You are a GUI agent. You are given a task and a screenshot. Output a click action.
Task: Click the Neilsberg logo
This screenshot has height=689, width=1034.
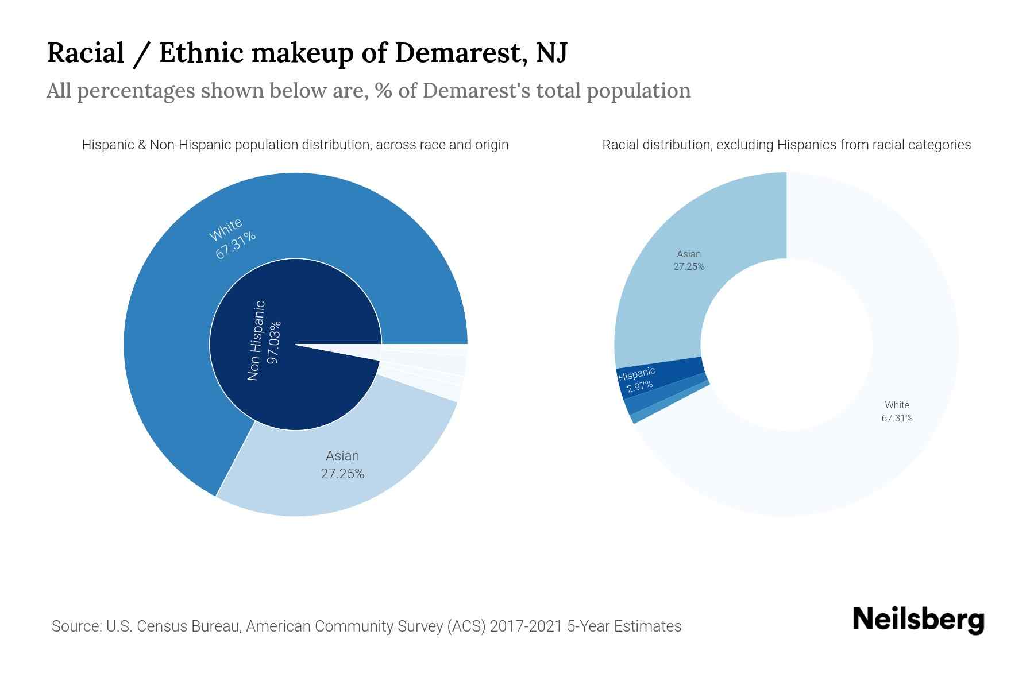[x=918, y=620]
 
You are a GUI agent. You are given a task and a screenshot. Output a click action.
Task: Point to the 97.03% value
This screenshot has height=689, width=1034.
[x=274, y=342]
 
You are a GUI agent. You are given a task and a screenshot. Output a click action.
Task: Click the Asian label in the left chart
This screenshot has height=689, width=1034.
[x=342, y=456]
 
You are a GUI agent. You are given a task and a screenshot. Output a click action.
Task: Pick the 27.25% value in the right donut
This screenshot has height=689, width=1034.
[x=689, y=266]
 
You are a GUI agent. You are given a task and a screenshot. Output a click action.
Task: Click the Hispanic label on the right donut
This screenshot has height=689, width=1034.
[x=636, y=375]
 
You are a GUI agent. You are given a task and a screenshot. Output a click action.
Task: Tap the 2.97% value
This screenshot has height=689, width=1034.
[x=639, y=386]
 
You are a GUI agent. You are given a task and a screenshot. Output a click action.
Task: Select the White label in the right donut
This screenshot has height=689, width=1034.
[x=897, y=405]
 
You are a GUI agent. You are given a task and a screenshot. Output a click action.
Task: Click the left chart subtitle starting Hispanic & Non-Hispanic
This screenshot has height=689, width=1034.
[x=295, y=145]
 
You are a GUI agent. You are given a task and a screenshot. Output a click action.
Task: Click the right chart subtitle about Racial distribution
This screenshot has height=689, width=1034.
[x=786, y=145]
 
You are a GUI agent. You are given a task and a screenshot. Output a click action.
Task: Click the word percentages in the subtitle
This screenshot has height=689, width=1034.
[x=136, y=91]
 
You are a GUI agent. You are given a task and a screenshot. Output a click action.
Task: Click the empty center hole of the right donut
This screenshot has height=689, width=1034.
[x=786, y=344]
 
